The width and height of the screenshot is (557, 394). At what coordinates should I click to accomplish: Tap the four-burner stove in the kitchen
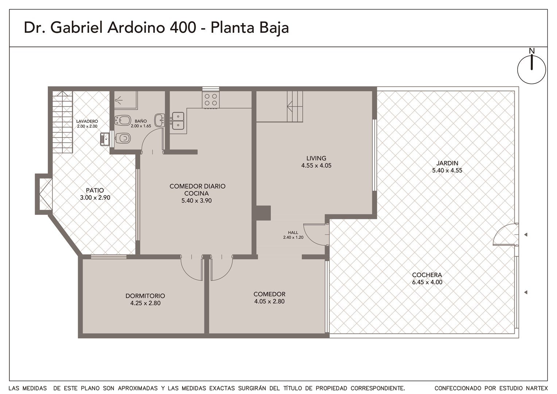click(x=211, y=100)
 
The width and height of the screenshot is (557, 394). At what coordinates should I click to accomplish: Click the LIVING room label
click(x=316, y=158)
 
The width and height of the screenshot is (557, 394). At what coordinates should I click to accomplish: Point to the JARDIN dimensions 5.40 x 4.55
click(x=447, y=170)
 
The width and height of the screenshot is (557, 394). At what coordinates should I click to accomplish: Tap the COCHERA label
click(x=427, y=275)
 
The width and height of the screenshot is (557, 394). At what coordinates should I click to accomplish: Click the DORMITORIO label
click(x=145, y=296)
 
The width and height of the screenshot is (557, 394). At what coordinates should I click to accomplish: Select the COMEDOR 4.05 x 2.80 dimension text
click(x=269, y=301)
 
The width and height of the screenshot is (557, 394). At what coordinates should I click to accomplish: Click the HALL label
click(x=293, y=232)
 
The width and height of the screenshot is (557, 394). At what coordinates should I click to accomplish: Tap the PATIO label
click(x=95, y=190)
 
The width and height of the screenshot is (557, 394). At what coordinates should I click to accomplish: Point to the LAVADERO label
click(x=87, y=121)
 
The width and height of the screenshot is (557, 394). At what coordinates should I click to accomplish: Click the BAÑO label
click(x=141, y=121)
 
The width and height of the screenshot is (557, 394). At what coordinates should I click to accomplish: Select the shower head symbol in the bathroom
click(x=118, y=100)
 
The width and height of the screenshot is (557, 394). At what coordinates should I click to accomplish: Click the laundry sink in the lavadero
click(x=105, y=139)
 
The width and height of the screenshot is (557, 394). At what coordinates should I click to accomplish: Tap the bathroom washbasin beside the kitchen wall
click(x=159, y=120)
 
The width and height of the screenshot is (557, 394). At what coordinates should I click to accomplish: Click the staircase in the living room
click(x=295, y=106)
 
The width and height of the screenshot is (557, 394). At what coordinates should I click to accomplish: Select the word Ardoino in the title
click(x=136, y=28)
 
